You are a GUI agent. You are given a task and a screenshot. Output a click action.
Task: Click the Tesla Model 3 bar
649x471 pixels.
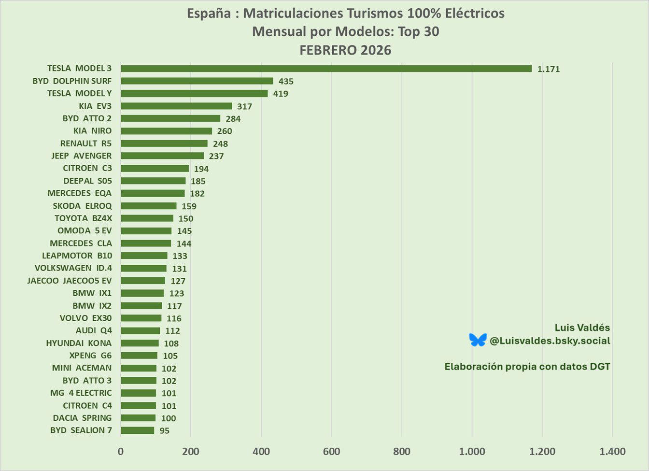click(x=326, y=69)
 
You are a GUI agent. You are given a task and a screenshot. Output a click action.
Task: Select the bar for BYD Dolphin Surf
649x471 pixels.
click(x=197, y=81)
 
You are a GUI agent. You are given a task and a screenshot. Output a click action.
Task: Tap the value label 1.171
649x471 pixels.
click(x=549, y=69)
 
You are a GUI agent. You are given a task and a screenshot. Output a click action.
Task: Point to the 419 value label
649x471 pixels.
click(x=281, y=94)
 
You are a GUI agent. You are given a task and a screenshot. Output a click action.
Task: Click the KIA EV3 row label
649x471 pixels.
click(x=95, y=106)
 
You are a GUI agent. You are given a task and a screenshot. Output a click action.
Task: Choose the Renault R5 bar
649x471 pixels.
click(x=164, y=143)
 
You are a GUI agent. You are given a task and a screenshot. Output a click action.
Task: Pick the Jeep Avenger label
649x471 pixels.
click(x=81, y=156)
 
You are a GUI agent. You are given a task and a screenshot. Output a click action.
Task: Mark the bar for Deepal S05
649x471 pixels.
click(x=153, y=181)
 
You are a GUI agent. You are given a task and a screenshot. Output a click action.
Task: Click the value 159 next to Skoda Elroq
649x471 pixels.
click(x=189, y=206)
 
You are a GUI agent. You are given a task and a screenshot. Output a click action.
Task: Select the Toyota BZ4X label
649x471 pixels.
click(x=83, y=218)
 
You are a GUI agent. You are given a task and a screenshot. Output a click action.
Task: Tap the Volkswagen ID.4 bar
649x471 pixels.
click(x=143, y=268)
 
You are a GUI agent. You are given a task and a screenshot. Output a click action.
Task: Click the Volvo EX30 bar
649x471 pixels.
click(x=141, y=318)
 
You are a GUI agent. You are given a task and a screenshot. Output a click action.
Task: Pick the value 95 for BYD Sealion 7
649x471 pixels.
click(x=165, y=431)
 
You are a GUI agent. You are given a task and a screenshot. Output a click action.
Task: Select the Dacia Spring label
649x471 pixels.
click(x=82, y=418)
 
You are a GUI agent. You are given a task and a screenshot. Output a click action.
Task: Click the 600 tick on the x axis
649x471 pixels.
click(x=331, y=452)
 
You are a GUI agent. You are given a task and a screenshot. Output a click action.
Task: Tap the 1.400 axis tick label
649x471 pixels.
click(x=612, y=452)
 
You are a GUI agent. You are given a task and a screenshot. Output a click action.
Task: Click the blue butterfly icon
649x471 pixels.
click(x=478, y=340)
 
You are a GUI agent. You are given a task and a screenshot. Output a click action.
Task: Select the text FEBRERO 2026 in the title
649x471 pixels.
click(x=345, y=50)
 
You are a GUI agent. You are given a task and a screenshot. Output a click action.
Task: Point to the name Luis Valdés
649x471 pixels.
click(x=582, y=328)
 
